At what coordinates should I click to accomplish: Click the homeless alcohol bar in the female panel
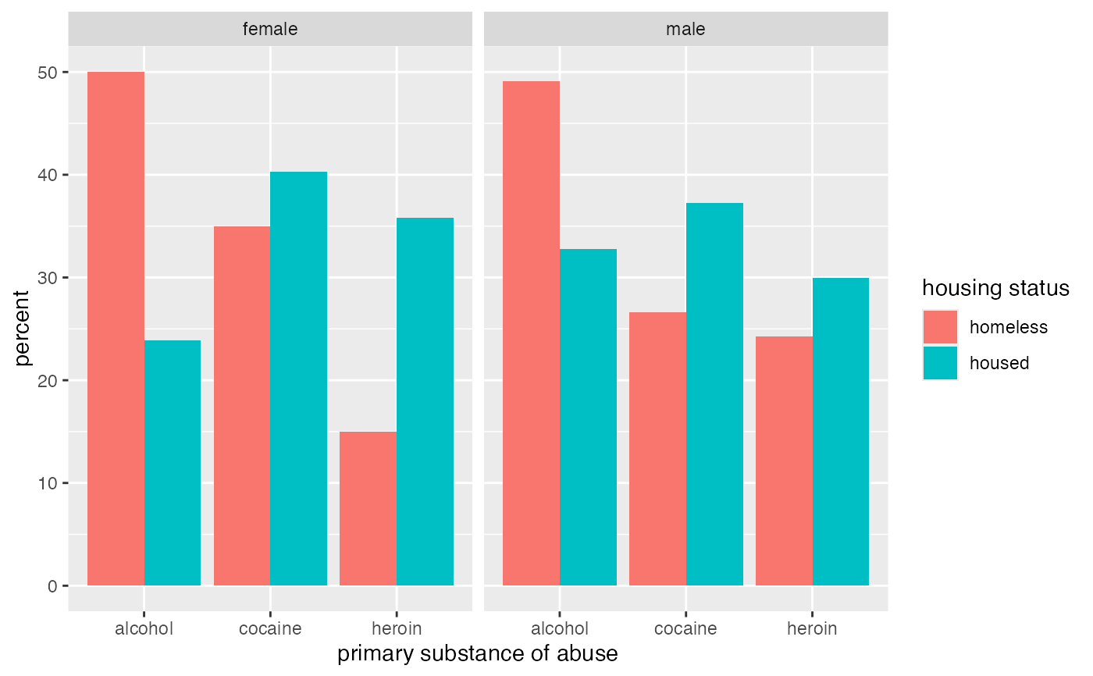116,329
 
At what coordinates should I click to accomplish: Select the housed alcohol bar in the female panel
173,463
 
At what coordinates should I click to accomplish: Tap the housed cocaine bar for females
299,379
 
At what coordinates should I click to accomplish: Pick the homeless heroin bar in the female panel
368,508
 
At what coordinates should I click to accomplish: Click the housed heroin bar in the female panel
425,401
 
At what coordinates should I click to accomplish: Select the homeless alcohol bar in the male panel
531,333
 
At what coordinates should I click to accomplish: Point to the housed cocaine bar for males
714,394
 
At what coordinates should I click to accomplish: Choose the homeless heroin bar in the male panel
784,461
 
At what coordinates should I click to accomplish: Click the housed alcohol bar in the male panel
588,417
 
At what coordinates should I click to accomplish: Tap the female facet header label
270,30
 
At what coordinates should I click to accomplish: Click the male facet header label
685,30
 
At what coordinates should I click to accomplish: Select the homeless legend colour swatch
940,327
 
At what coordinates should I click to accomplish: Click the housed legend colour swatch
940,363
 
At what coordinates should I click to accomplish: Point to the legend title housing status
995,288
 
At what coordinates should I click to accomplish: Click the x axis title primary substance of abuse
477,654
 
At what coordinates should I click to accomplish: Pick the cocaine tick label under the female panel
270,628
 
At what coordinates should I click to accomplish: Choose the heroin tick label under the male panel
812,628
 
